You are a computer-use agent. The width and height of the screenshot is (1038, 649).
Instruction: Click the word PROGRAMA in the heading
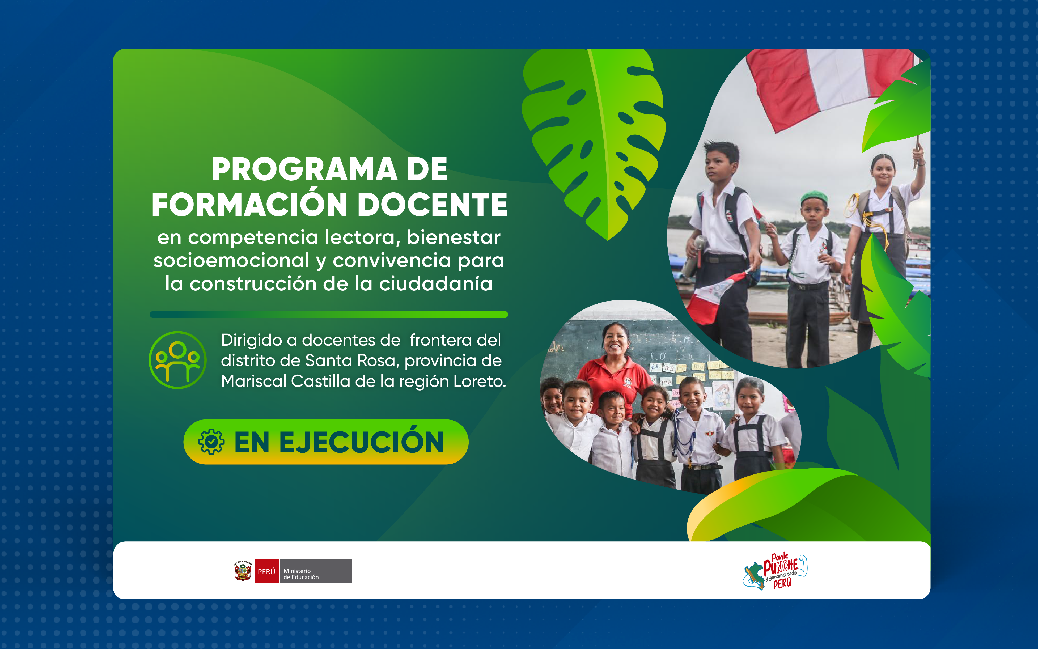[x=304, y=169]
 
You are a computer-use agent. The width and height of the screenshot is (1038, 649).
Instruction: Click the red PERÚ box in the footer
[x=266, y=571]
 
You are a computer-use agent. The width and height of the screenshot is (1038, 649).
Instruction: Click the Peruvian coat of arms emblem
[x=243, y=571]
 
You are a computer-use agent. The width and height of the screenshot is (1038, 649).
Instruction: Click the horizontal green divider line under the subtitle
[x=329, y=315]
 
